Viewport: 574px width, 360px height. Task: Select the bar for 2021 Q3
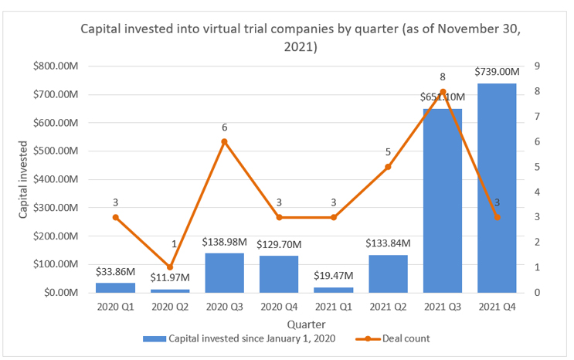tap(442, 201)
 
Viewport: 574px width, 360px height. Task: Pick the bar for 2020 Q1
tap(115, 287)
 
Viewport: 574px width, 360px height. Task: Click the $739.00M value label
tap(497, 72)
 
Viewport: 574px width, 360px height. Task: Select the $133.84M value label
tap(388, 243)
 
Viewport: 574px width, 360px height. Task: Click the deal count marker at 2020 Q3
tap(224, 142)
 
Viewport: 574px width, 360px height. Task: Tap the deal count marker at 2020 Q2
tap(170, 267)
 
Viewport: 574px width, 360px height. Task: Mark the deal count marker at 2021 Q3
tap(442, 92)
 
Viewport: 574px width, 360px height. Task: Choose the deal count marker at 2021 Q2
tap(388, 167)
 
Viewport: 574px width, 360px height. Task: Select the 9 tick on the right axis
tap(536, 66)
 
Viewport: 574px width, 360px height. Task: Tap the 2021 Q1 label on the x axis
tap(333, 307)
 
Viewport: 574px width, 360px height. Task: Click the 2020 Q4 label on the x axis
tap(279, 307)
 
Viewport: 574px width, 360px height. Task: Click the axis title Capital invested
tap(24, 179)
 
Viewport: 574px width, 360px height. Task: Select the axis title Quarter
tap(306, 324)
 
